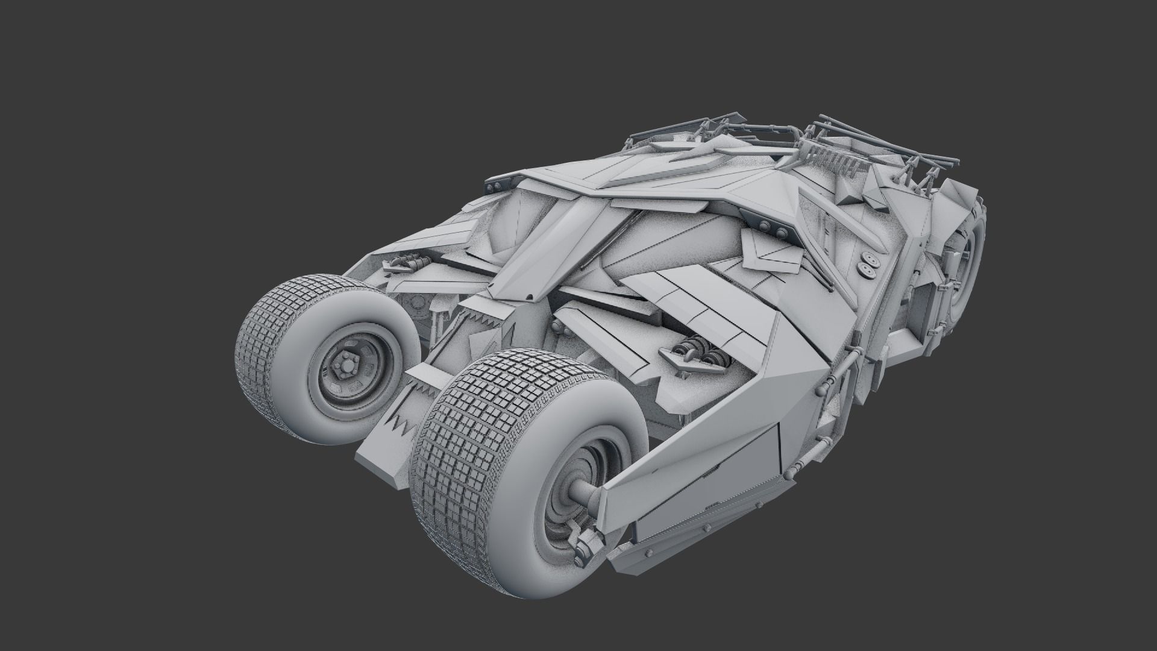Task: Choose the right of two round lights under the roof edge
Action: pos(782,231)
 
